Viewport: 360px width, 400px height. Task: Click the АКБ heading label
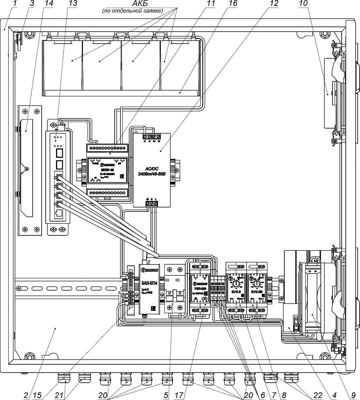point(132,4)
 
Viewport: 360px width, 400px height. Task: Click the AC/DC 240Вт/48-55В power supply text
point(151,170)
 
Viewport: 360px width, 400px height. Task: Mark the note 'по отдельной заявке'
point(132,11)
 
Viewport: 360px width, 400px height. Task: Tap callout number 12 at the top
point(273,4)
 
